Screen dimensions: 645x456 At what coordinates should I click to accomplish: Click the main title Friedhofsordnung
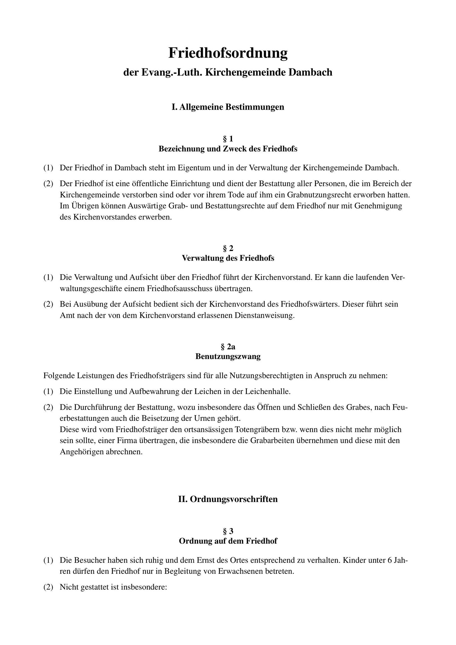[x=228, y=53]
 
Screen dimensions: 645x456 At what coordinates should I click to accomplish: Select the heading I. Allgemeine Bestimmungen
[x=228, y=107]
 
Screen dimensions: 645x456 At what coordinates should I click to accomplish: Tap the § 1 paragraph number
[x=228, y=139]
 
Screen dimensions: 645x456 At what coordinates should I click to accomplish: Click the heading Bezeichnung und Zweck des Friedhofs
[x=228, y=149]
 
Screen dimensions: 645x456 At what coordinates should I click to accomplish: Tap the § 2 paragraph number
[x=228, y=248]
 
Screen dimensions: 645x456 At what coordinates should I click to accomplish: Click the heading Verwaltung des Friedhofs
[x=228, y=259]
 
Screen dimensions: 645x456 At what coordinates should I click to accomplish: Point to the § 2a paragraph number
[x=228, y=347]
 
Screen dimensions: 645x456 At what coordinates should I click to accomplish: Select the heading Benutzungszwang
[x=228, y=357]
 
